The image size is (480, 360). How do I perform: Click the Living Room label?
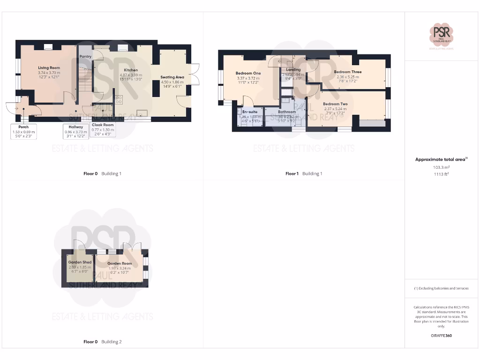tap(49, 68)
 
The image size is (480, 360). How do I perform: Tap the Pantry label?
tap(85, 57)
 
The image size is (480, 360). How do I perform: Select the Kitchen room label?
tap(131, 70)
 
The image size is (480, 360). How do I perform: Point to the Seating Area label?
tap(172, 77)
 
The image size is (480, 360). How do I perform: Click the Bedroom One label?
tap(248, 73)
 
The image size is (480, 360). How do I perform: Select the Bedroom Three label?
tap(347, 72)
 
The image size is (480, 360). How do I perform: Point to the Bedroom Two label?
tap(335, 104)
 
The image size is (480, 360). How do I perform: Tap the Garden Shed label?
tap(80, 262)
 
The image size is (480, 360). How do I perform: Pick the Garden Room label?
tap(120, 263)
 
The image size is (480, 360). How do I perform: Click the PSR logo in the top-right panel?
tap(441, 34)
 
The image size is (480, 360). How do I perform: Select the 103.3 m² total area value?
tap(441, 167)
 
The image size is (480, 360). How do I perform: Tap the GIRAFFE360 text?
tap(441, 336)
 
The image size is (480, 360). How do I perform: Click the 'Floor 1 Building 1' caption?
tap(304, 174)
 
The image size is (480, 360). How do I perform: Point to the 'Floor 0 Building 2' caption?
tap(102, 342)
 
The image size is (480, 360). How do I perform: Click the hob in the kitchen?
tap(118, 99)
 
